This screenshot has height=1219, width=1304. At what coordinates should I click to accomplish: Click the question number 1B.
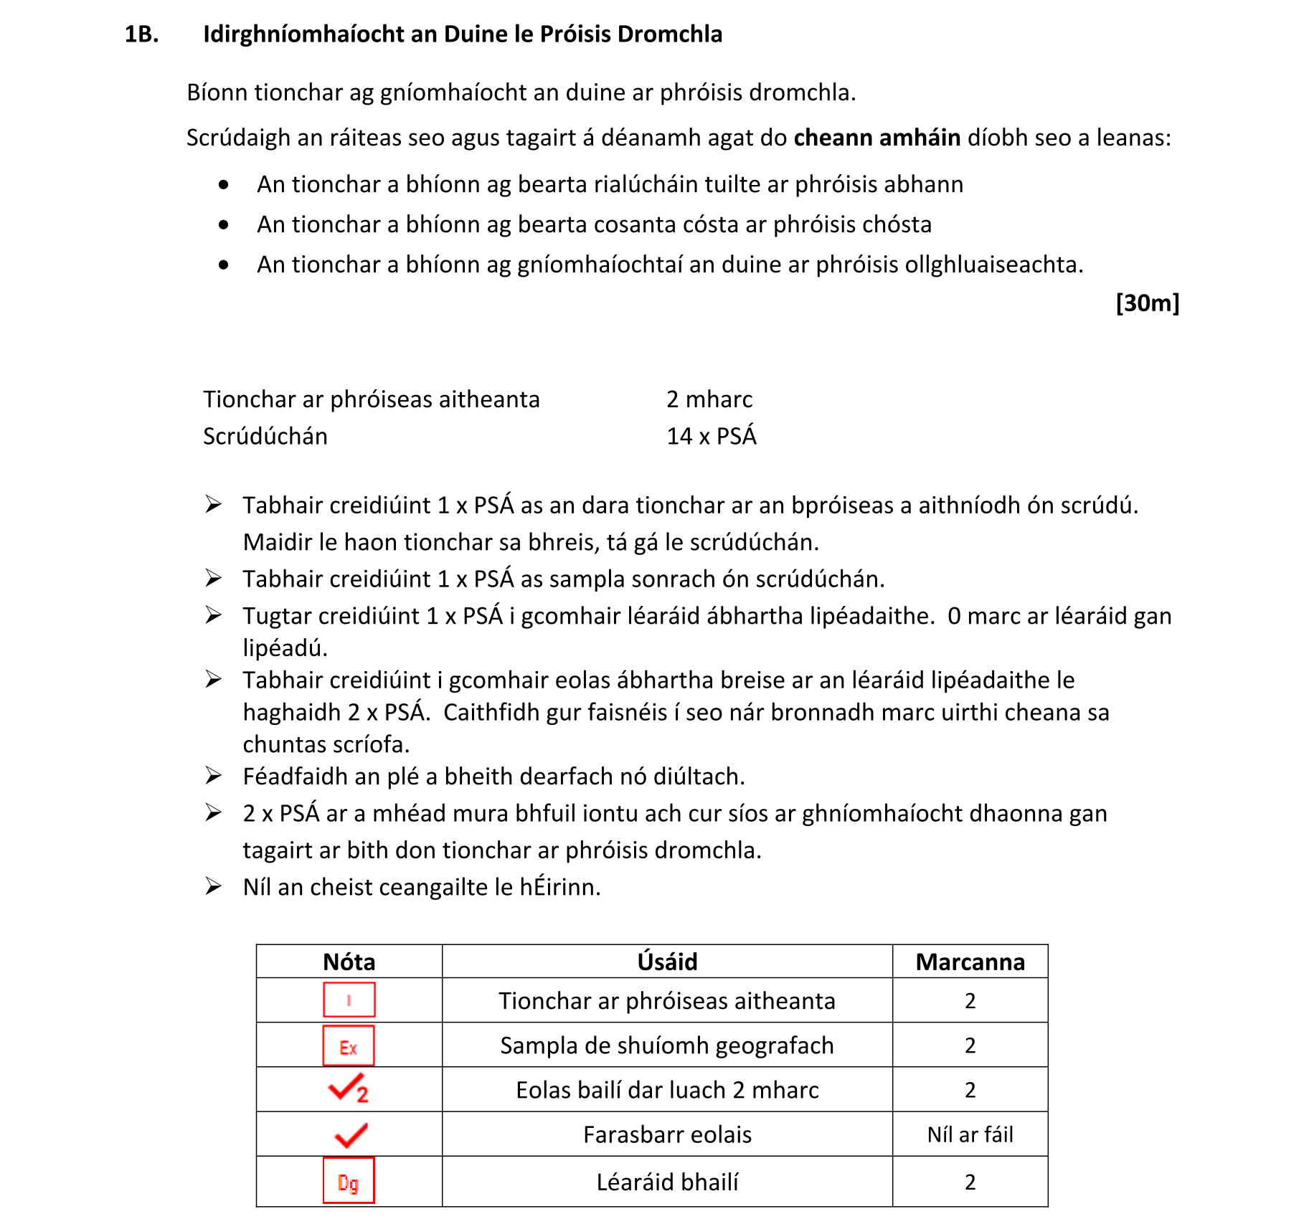[x=141, y=34]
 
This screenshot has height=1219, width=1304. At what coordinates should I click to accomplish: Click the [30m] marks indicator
[x=1147, y=303]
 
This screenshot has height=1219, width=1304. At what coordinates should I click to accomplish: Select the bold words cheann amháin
[x=877, y=137]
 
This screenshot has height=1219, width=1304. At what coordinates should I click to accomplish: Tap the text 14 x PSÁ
[x=711, y=436]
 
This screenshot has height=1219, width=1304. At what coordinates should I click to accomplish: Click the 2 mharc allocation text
[x=709, y=399]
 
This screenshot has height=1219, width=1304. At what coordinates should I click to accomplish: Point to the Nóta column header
[x=349, y=962]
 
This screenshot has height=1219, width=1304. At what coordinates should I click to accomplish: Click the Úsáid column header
[x=667, y=962]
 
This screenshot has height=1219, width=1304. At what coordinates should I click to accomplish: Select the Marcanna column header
[x=970, y=962]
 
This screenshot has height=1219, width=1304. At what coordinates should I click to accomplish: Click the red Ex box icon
[x=349, y=1046]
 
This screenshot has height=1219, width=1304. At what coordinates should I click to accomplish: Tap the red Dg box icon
[x=349, y=1181]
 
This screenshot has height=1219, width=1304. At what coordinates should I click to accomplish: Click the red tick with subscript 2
[x=349, y=1089]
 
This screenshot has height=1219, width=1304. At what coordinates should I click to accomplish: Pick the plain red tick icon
[x=351, y=1134]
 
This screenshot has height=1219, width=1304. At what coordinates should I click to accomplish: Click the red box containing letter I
[x=349, y=1000]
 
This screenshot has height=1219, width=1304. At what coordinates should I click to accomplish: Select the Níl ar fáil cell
[x=970, y=1134]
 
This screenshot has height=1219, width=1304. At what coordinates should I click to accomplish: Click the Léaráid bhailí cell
[x=667, y=1182]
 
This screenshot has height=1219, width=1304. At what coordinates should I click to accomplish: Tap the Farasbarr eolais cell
[x=667, y=1134]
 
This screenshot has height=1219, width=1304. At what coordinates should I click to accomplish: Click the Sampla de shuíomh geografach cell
[x=667, y=1045]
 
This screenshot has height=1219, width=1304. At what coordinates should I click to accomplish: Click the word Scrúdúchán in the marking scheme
[x=265, y=436]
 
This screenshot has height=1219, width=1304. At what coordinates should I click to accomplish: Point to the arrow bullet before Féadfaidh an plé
[x=213, y=775]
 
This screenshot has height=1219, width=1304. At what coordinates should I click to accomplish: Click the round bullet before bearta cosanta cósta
[x=224, y=224]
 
